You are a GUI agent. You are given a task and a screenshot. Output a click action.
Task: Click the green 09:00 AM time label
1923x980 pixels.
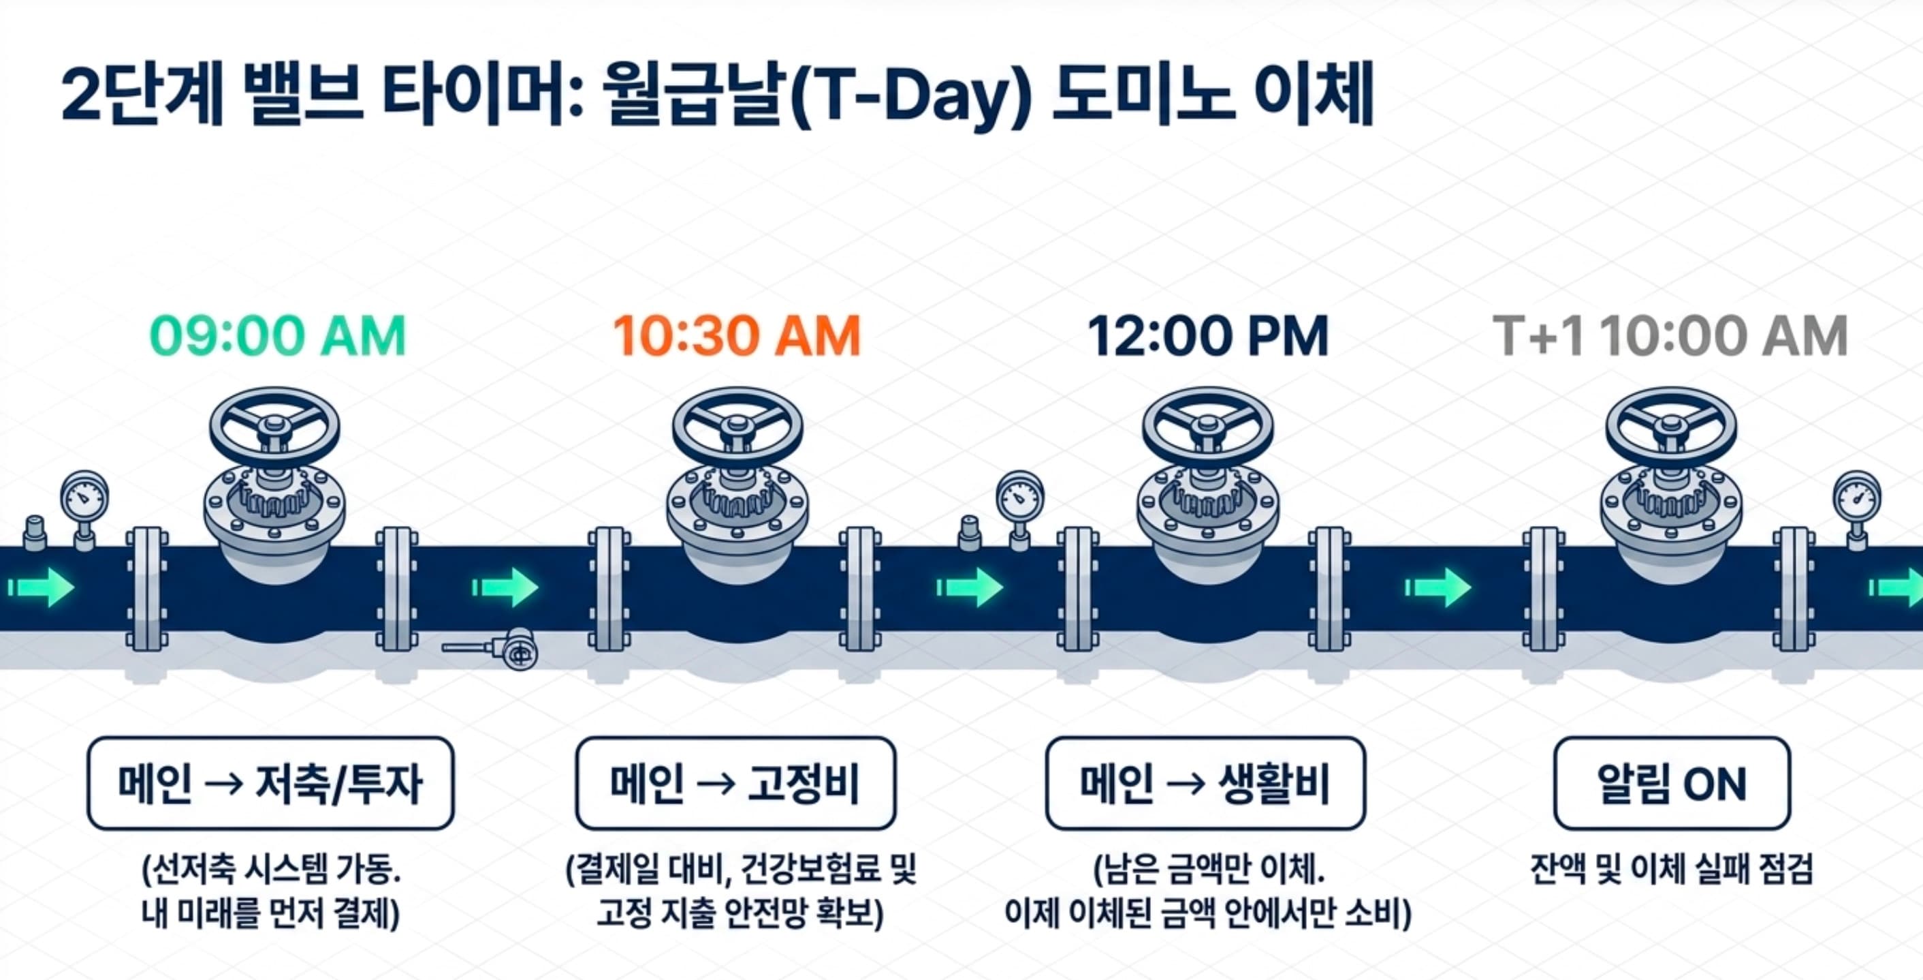click(278, 336)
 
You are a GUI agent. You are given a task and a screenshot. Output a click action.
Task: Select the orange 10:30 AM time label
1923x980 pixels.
click(737, 336)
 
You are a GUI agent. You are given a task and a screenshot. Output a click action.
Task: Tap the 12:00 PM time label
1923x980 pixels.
click(1208, 336)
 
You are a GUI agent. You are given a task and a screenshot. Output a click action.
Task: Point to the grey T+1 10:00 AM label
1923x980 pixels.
click(1670, 336)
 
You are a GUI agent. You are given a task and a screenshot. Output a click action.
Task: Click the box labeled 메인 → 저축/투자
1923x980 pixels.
click(270, 784)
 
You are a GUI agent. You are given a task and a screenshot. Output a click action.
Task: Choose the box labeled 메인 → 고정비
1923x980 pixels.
click(735, 784)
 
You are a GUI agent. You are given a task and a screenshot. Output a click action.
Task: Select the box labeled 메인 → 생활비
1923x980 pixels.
click(1205, 784)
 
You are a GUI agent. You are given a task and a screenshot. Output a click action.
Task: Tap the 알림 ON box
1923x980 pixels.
click(1672, 784)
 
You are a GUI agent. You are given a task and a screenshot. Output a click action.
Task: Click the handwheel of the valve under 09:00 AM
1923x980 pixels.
click(274, 427)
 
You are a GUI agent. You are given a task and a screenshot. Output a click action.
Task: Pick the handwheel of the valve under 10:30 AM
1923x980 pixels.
click(737, 427)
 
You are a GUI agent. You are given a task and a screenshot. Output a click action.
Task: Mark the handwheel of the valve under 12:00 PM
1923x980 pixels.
click(1207, 427)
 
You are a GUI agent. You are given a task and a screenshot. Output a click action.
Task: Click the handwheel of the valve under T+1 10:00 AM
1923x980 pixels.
click(1670, 427)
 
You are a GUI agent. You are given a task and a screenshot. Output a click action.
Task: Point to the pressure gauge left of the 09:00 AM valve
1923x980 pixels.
click(84, 495)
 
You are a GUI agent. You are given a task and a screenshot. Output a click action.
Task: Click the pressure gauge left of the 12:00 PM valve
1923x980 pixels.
click(1020, 495)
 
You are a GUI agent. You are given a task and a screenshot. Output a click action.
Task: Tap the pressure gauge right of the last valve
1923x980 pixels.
click(1856, 495)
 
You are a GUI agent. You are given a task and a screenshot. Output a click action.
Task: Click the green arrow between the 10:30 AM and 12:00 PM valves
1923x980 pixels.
click(970, 587)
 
